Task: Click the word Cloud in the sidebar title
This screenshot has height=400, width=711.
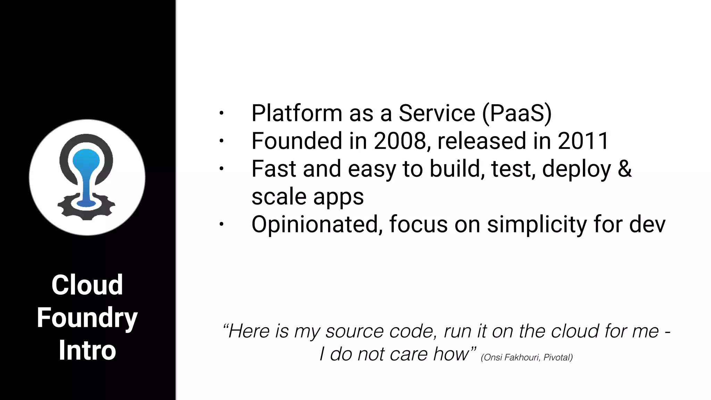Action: tap(87, 285)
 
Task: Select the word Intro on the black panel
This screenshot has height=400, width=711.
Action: tap(87, 350)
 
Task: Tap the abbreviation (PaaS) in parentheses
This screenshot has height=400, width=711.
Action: tap(517, 114)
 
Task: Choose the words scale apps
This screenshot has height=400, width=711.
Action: tap(308, 197)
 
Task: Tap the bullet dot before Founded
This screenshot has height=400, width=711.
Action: tap(221, 141)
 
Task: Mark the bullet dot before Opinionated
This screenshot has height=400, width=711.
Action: tap(221, 224)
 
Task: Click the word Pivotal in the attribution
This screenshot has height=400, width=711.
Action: tap(557, 357)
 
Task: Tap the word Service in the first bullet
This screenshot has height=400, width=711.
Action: tap(437, 114)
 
